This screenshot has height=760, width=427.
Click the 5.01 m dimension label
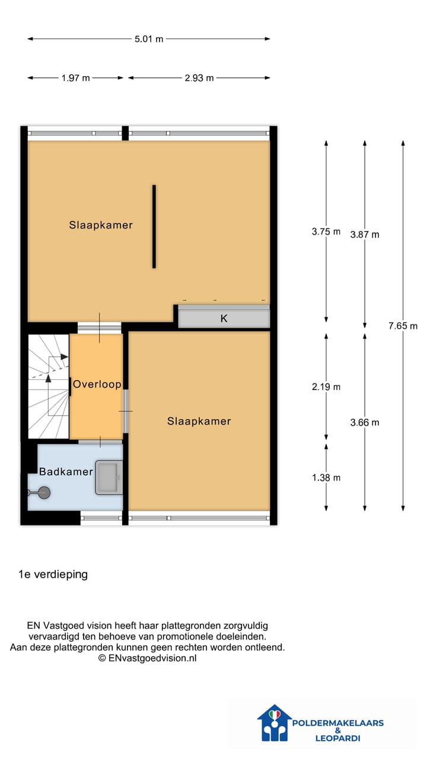149,39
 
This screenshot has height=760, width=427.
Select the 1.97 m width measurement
75,78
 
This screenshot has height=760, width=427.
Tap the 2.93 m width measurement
199,78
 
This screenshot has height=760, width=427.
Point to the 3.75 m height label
326,232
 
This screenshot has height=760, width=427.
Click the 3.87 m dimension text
365,235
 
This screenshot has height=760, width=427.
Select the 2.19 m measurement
326,387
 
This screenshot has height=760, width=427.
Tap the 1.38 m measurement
326,477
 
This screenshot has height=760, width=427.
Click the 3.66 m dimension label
365,423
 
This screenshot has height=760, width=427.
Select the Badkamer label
66,472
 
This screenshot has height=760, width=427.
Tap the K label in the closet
224,318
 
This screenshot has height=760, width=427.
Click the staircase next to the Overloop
48,386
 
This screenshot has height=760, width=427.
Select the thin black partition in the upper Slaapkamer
154,226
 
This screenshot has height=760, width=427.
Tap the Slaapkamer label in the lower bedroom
199,421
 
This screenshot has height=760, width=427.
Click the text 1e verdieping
53,574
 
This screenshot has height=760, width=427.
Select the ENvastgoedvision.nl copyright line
147,658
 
